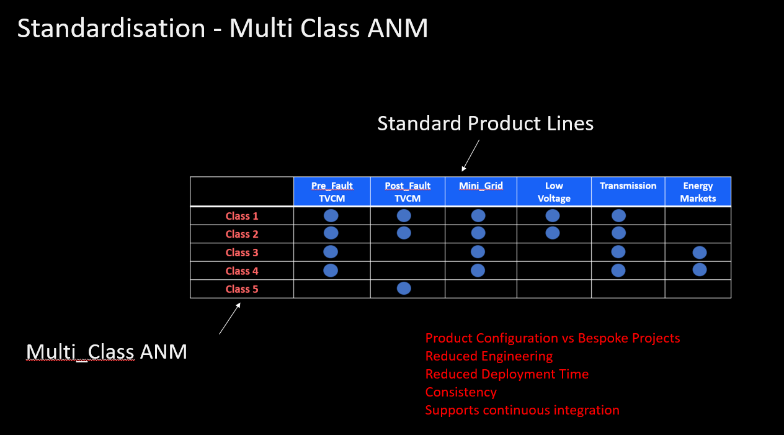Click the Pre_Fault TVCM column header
click(x=332, y=192)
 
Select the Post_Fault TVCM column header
click(x=408, y=192)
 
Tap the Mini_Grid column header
click(x=481, y=192)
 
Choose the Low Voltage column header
click(x=554, y=192)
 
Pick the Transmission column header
click(x=628, y=192)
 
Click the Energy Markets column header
click(x=698, y=192)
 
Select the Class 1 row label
click(x=242, y=216)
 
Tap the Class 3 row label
click(x=242, y=253)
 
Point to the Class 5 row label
click(x=242, y=289)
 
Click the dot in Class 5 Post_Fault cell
click(x=404, y=289)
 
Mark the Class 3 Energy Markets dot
click(x=700, y=253)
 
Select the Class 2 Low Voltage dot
click(x=553, y=233)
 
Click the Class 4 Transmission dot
click(x=618, y=271)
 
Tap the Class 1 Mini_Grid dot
click(x=478, y=216)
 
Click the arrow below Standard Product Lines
click(x=470, y=156)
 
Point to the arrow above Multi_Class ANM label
click(x=230, y=318)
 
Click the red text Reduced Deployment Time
click(x=507, y=374)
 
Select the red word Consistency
click(x=461, y=392)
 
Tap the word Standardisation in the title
click(x=111, y=28)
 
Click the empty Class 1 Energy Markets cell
click(x=698, y=216)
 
